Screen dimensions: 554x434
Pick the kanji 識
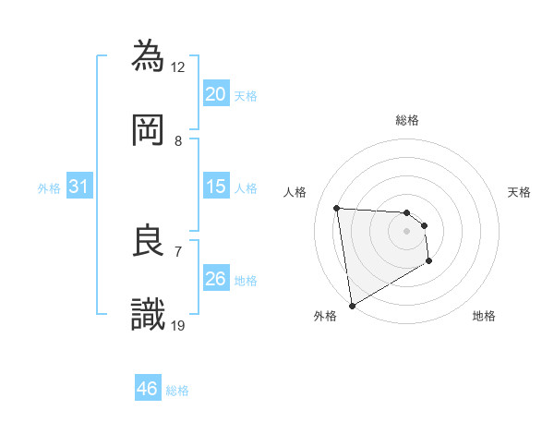pos(150,314)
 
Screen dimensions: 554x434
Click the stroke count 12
pos(178,66)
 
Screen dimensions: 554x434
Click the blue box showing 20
pos(216,94)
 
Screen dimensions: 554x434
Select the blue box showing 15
pos(216,187)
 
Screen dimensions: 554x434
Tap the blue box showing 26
pos(216,279)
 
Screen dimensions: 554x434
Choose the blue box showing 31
pos(79,187)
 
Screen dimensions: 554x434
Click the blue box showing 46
pos(148,389)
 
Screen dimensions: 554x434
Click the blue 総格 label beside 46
pos(177,391)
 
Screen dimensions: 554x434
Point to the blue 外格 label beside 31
pos(49,187)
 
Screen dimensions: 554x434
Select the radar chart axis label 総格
pos(407,120)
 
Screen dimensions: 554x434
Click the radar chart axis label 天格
pos(520,192)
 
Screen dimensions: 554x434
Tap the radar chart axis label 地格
pos(484,316)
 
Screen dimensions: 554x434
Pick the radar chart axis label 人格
pos(295,192)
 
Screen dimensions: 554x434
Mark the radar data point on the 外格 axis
pos(352,305)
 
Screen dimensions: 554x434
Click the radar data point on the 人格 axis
pos(337,208)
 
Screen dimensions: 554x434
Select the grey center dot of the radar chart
pos(406,231)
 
